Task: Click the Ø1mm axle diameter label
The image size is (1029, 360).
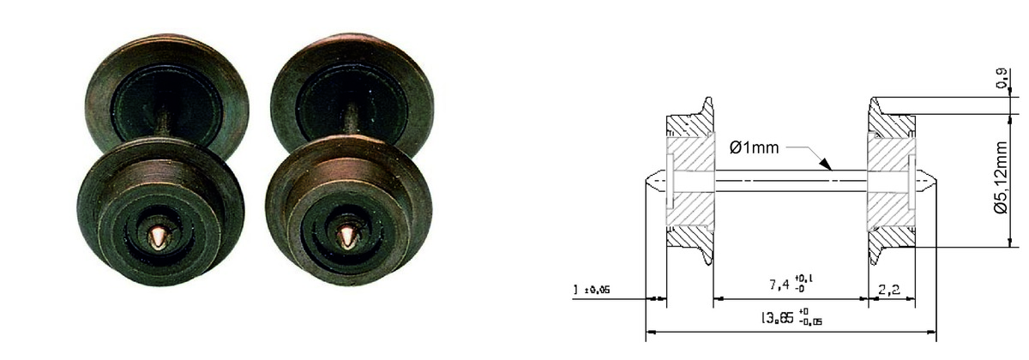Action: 754,147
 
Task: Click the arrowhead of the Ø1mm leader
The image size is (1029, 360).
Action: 825,164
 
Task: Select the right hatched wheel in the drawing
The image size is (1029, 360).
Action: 888,181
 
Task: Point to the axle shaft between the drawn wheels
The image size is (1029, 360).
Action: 789,181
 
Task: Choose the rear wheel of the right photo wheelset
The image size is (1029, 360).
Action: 352,86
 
